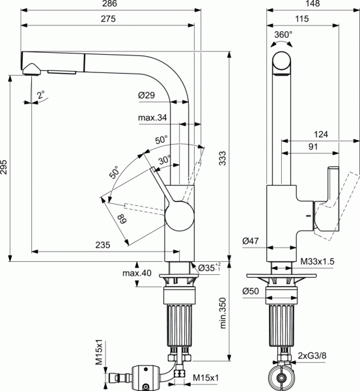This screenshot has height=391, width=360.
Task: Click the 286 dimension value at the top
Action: (109, 3)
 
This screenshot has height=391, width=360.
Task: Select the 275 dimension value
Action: (108, 19)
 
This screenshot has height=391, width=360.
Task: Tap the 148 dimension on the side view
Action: (312, 3)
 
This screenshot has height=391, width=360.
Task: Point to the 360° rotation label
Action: (283, 35)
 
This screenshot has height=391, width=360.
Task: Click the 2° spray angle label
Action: (41, 94)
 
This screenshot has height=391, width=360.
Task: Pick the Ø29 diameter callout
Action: (146, 95)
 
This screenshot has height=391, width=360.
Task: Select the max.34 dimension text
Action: (152, 117)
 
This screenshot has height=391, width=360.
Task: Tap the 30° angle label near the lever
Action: (165, 160)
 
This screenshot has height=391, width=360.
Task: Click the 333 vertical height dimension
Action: (222, 158)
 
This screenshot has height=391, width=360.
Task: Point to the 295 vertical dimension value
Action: (4, 167)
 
